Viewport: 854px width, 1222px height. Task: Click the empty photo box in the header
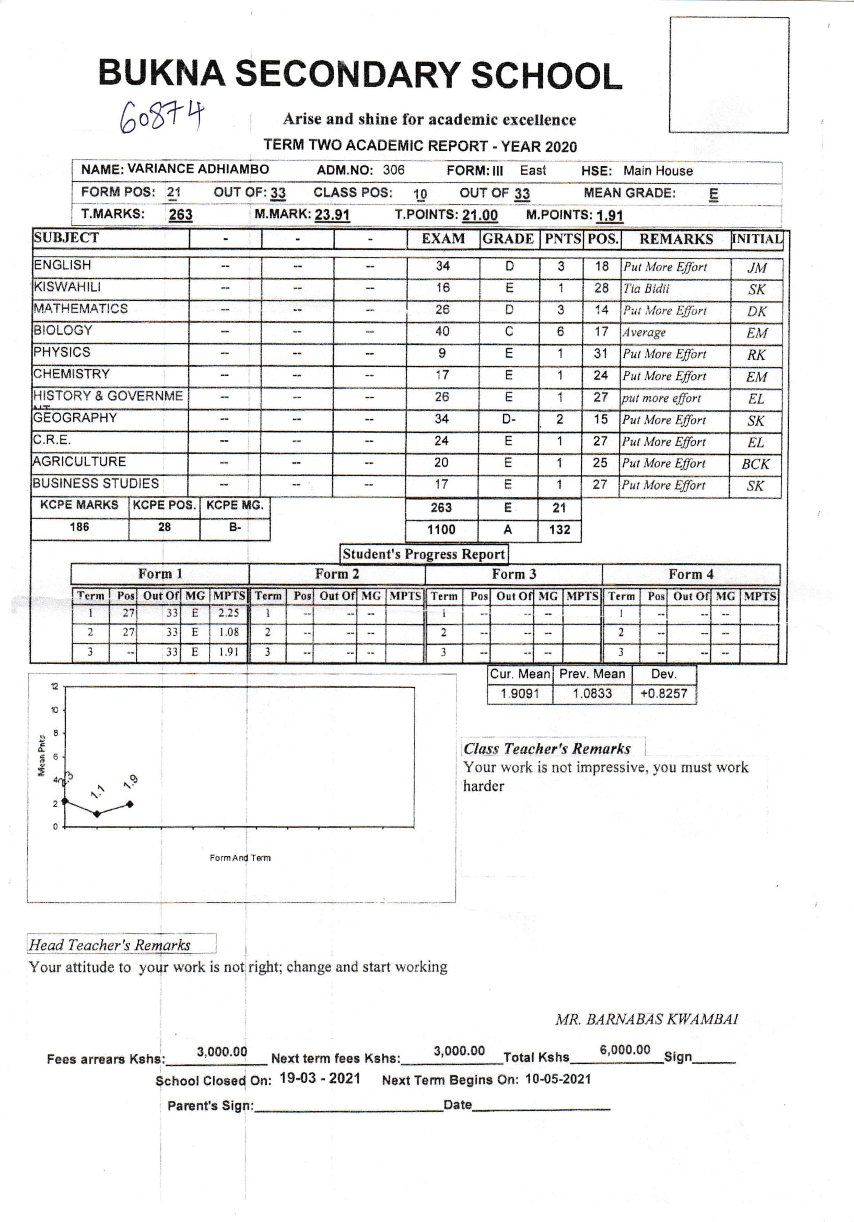coord(729,75)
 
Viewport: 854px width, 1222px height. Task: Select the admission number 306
coord(393,170)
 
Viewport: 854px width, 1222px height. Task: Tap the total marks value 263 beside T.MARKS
coord(180,215)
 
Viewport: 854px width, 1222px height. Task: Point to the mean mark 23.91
coord(332,215)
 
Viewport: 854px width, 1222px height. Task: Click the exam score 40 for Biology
coord(442,332)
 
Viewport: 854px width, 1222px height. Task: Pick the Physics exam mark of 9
coord(442,353)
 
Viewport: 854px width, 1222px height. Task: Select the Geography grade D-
coord(509,419)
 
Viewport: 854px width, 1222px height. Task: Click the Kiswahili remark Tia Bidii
coord(646,288)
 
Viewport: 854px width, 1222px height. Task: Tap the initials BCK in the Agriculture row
coord(755,463)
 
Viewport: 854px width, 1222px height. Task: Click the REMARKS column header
coord(676,239)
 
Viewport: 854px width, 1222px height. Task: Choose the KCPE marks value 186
coord(79,527)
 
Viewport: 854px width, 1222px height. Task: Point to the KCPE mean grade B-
coord(235,527)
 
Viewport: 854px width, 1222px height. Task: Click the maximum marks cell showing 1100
coord(441,530)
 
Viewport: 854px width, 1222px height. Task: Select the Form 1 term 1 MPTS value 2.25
coord(229,613)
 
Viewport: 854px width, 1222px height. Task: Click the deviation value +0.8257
coord(663,693)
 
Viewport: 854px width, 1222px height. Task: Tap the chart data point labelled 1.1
coord(97,814)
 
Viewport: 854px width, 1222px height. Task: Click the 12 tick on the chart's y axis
coord(55,686)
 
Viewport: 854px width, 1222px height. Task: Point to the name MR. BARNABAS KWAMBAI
coord(647,1019)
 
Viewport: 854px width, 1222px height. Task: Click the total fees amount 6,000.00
coord(625,1050)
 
